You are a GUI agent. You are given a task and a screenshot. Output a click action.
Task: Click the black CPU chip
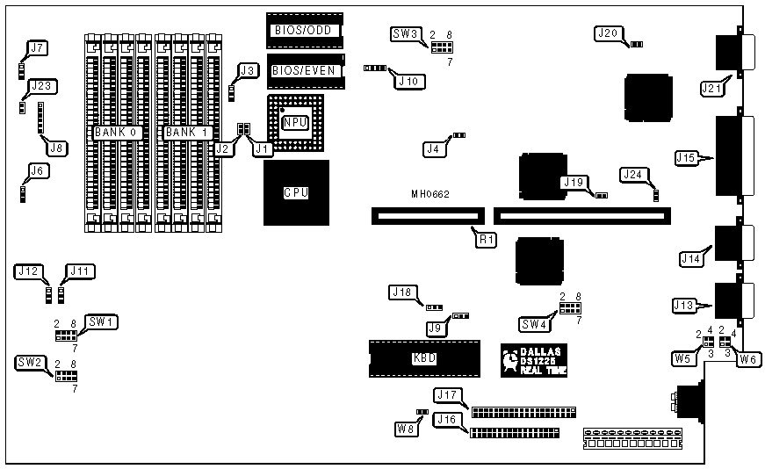(293, 193)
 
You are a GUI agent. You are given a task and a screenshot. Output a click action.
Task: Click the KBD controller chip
(424, 358)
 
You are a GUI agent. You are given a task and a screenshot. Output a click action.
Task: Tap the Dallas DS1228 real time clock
(530, 360)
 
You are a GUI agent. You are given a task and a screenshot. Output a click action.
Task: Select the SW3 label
(404, 35)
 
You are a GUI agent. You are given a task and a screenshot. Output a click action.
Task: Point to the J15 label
(687, 158)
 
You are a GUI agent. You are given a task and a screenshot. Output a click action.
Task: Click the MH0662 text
(430, 193)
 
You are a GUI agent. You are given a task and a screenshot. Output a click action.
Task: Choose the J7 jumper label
(35, 48)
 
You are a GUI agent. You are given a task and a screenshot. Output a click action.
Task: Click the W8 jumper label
(405, 429)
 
